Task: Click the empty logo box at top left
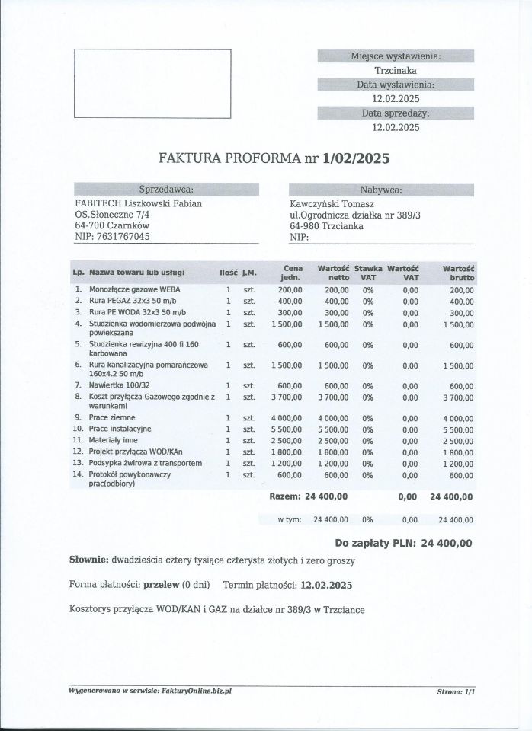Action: click(x=152, y=84)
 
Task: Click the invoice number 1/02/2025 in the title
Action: click(x=357, y=159)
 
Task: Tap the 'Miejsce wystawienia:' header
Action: click(x=395, y=56)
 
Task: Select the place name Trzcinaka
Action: click(x=395, y=70)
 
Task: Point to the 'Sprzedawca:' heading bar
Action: click(x=166, y=190)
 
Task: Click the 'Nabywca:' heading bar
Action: click(x=381, y=190)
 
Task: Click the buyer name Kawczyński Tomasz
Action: click(x=331, y=203)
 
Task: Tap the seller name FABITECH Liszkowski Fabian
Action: click(x=137, y=203)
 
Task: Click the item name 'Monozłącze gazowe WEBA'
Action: click(x=137, y=290)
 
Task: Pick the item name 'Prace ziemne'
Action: click(x=112, y=417)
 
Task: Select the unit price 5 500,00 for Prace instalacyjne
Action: click(x=287, y=429)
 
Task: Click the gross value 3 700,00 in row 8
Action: click(x=457, y=397)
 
